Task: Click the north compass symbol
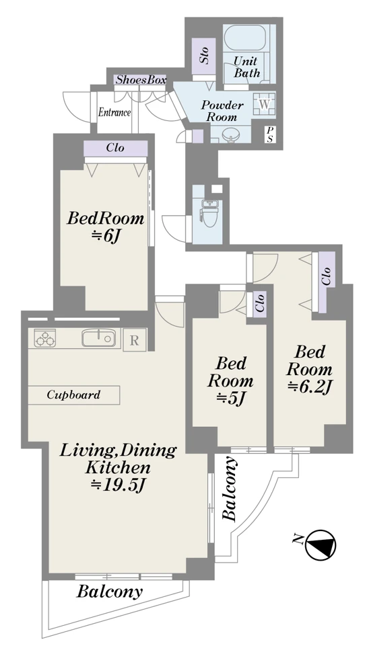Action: coord(321,544)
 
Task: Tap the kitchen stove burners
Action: coord(44,338)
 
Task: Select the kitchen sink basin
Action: coord(98,337)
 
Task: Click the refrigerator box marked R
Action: coord(135,339)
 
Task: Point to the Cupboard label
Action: coord(73,395)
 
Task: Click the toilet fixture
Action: coord(207,212)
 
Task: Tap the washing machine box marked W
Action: coord(265,104)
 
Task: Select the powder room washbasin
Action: coord(229,134)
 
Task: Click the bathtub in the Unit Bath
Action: coord(247,38)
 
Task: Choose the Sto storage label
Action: coord(204,55)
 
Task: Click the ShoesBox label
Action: coord(141,80)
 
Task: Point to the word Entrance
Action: coord(114,112)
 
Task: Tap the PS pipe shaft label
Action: coord(270,134)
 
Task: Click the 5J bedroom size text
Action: coord(231,399)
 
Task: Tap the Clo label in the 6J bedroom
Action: coord(115,147)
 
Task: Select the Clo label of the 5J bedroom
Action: coord(259,304)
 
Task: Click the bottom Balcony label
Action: coord(110,592)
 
